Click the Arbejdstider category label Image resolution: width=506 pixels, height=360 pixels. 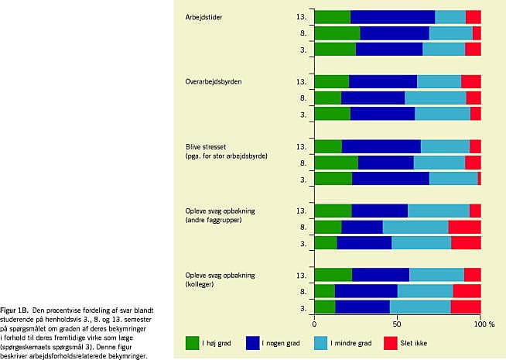(x=203, y=17)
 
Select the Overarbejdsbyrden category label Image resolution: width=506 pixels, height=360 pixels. (x=212, y=81)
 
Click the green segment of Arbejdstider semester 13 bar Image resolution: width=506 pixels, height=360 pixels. (x=332, y=17)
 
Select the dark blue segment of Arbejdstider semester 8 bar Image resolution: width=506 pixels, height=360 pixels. (x=395, y=33)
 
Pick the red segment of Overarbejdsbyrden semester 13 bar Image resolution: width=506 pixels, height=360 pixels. (x=470, y=81)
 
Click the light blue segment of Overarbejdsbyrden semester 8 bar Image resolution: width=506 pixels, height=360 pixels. (x=435, y=98)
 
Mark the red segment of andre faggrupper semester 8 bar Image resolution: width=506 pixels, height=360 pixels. (x=464, y=227)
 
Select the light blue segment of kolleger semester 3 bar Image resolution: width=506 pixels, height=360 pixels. (x=420, y=307)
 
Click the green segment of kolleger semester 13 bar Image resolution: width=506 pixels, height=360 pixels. (x=333, y=275)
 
